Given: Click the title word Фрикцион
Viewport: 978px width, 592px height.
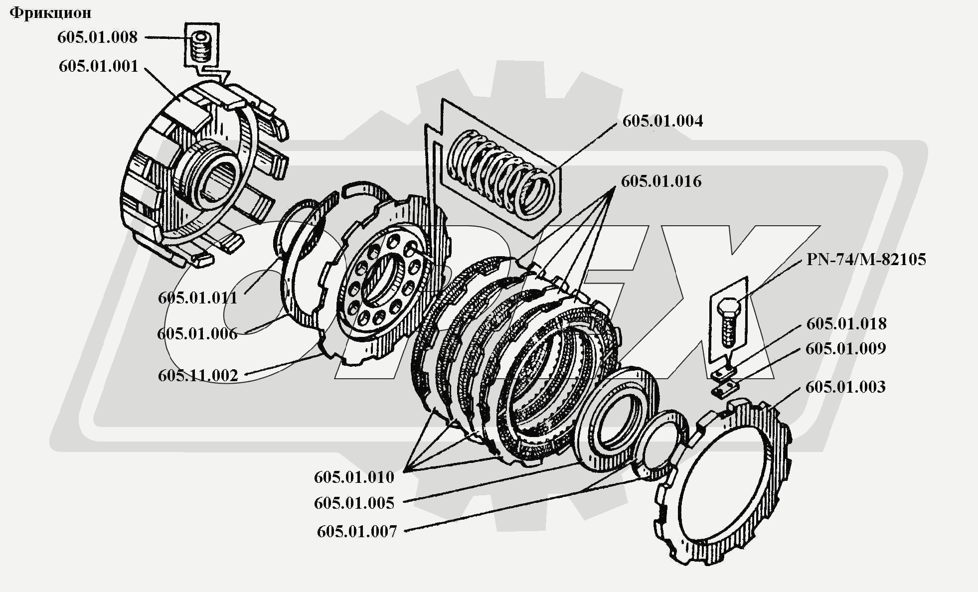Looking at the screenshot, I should (x=50, y=13).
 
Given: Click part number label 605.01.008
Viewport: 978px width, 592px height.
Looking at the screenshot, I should (x=97, y=37).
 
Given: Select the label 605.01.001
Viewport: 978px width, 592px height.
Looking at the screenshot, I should (x=98, y=66).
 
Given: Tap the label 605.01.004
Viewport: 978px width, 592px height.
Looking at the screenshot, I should (x=662, y=121).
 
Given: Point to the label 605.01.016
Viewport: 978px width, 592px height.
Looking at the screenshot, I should (x=661, y=181).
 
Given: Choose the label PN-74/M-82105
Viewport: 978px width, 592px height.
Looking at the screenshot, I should (x=866, y=260).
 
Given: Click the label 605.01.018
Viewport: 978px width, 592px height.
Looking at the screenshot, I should (x=846, y=324).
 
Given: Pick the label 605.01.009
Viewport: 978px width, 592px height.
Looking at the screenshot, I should (x=845, y=348).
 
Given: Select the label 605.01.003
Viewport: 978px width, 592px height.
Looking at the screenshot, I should (x=845, y=387).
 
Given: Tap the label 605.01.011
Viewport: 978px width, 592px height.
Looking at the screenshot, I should (x=197, y=298).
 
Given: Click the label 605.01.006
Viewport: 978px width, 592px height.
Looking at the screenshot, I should (x=197, y=334).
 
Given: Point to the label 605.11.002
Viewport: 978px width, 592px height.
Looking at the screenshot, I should (x=198, y=376).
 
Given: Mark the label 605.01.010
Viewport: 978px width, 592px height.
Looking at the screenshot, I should (x=354, y=477).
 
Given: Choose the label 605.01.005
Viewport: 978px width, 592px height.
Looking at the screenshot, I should (x=354, y=503).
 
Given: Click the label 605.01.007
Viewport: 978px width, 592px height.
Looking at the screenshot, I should (x=357, y=532).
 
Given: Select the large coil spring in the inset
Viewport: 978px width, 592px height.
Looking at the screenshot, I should (x=501, y=174).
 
